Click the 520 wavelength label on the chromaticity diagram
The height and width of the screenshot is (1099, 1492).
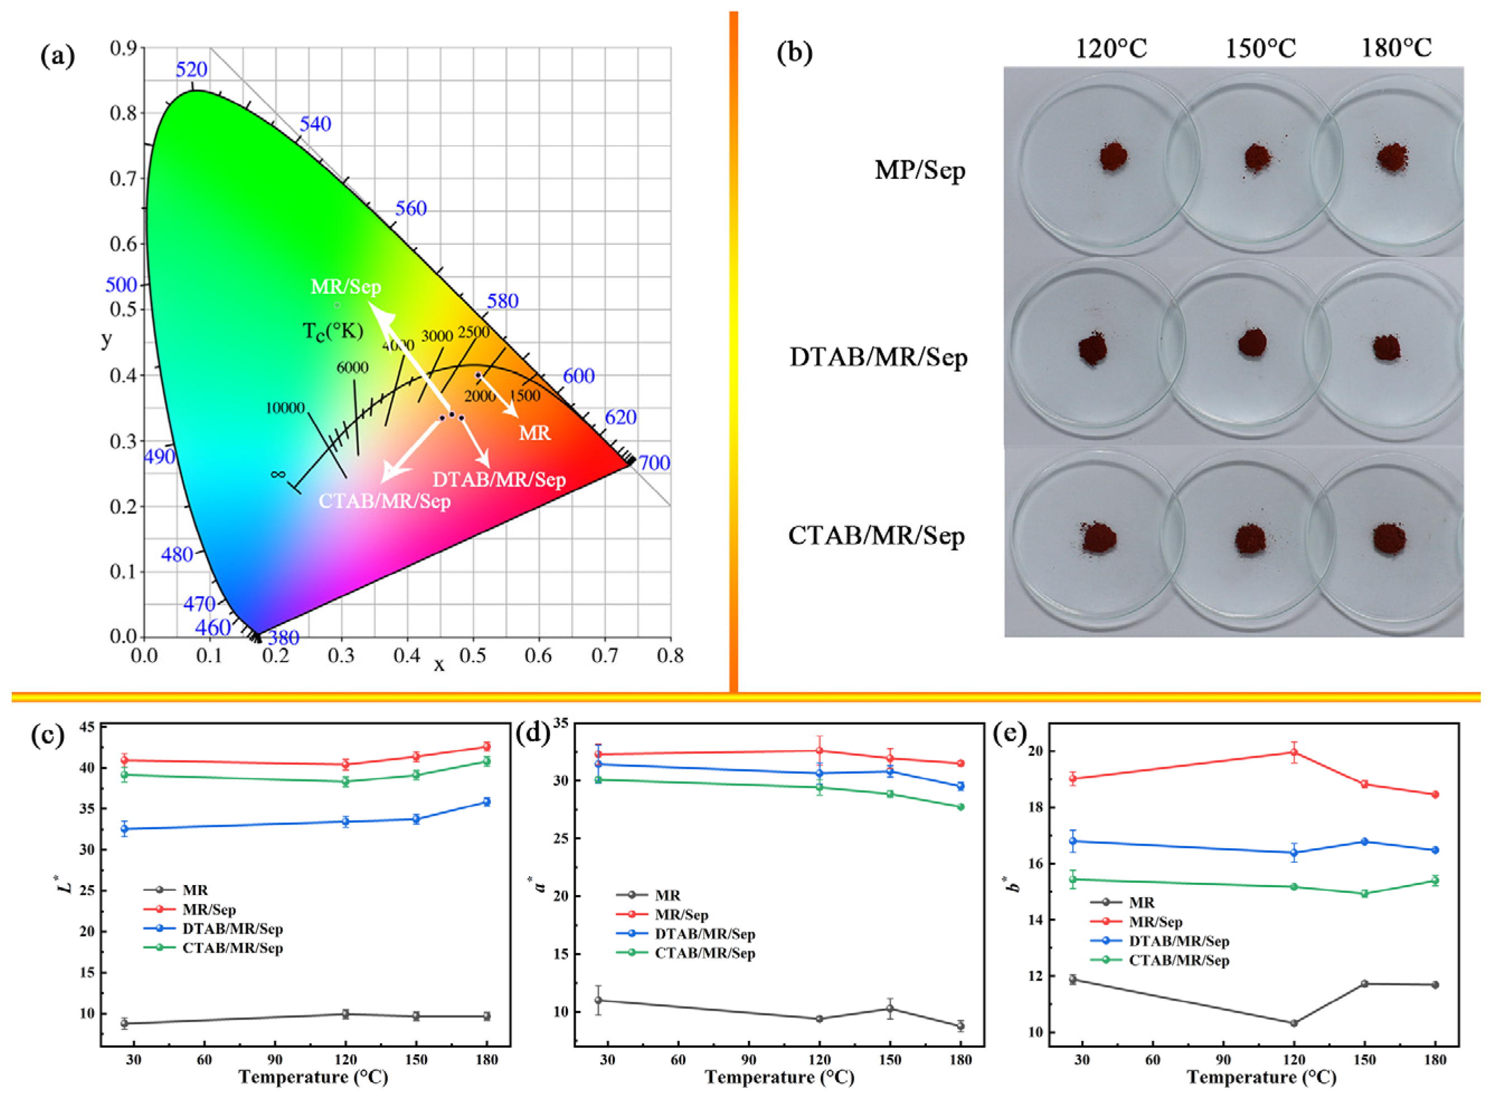pos(191,69)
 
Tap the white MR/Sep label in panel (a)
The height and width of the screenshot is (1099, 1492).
pos(346,287)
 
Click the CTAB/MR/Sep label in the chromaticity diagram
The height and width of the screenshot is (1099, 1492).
pos(385,501)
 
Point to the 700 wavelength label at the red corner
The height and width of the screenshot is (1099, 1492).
pos(654,463)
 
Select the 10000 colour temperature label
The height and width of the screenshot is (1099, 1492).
pos(285,408)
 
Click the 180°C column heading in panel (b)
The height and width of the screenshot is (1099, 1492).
pos(1396,48)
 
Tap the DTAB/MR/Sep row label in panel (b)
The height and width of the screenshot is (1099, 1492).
pos(878,358)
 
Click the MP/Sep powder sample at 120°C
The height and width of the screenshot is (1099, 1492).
pos(1112,157)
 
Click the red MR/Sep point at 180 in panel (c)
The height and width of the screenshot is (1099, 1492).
pos(486,746)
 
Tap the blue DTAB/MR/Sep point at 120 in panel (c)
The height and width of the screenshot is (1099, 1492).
pos(345,821)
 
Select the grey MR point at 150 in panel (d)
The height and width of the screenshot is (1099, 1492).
pos(890,1008)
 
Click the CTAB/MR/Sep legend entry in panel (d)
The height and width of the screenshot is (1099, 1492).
pos(704,953)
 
